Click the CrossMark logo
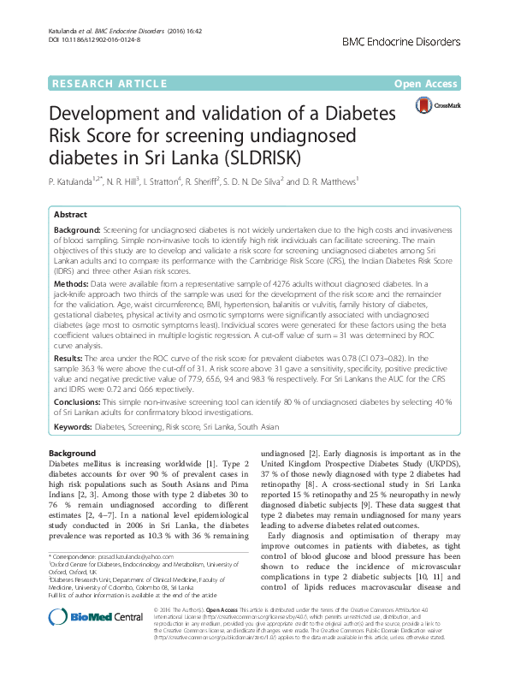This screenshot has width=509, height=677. [x=435, y=104]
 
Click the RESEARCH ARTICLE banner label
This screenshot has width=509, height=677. [x=109, y=83]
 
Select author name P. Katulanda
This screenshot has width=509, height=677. [x=74, y=181]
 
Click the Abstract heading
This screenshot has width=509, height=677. [x=71, y=215]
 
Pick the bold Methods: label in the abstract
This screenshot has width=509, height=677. [x=72, y=282]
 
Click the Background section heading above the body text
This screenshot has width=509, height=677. [x=72, y=454]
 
